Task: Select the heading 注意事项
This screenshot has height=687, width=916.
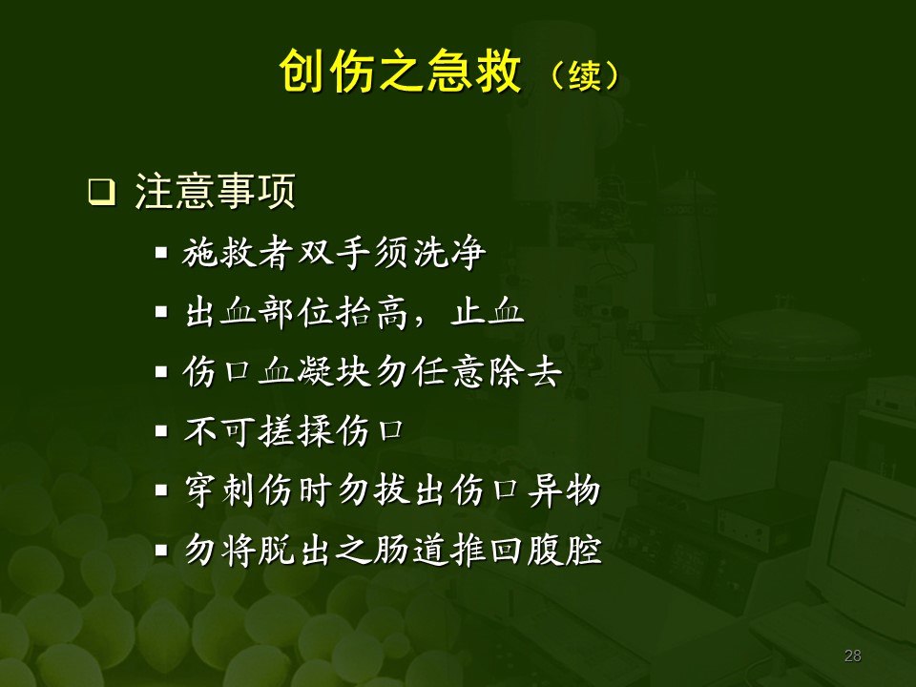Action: [215, 191]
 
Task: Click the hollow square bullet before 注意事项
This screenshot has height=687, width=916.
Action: [98, 193]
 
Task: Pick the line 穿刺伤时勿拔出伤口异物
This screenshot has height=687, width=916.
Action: [391, 492]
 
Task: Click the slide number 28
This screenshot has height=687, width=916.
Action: [853, 656]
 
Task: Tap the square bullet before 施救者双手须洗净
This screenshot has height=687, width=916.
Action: [161, 255]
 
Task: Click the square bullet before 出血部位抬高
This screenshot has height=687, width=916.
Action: [161, 314]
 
